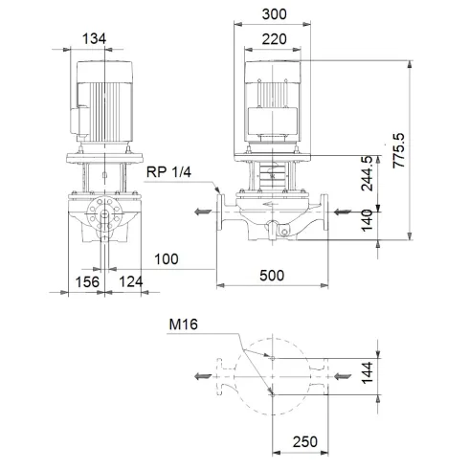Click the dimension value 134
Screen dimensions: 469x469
[94, 37]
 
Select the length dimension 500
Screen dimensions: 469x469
[272, 276]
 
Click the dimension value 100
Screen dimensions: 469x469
[166, 257]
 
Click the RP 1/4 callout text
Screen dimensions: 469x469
[168, 171]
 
